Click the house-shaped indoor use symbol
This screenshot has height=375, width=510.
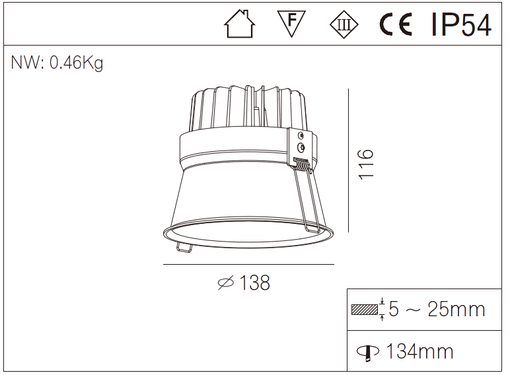coord(240,25)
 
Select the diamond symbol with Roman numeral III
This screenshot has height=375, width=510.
coord(344,25)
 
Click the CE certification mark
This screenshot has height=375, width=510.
coord(396,25)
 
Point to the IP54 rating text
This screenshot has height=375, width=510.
coord(461,25)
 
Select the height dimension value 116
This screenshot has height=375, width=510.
coord(365,163)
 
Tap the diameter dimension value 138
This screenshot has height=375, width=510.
coord(254,283)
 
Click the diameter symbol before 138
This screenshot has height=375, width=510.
coord(226,283)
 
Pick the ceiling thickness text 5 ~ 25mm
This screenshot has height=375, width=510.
coord(437,309)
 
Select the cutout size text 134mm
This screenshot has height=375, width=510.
coord(419,351)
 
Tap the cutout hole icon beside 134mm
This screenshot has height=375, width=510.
coord(368,352)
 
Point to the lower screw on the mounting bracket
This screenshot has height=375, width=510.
coord(301,146)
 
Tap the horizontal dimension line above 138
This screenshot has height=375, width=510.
coord(248,265)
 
